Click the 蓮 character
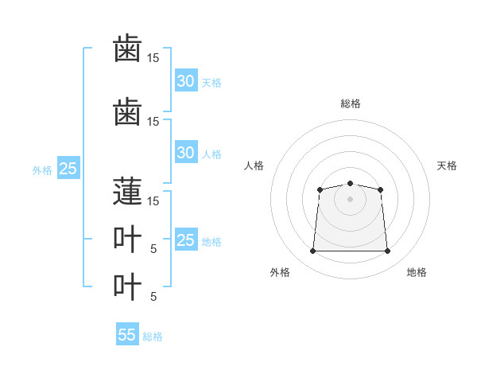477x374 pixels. [x=127, y=191]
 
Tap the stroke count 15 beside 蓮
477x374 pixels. [x=153, y=201]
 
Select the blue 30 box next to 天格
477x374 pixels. [x=185, y=81]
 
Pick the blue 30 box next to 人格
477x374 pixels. [x=185, y=153]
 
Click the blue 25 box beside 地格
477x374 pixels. [x=185, y=240]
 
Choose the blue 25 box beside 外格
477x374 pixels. [x=68, y=169]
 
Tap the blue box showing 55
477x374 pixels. [x=127, y=335]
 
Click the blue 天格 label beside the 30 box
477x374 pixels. [x=211, y=82]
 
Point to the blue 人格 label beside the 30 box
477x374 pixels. [x=211, y=154]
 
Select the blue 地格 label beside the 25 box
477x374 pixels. [x=211, y=241]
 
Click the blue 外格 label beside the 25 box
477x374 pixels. [x=42, y=169]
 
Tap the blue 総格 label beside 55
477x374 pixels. [x=153, y=336]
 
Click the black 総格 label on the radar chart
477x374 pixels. [x=350, y=103]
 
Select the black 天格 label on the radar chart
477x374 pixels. [x=447, y=166]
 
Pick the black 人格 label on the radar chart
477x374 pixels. [x=254, y=166]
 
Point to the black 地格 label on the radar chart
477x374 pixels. [x=417, y=272]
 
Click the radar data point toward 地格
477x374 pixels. [x=387, y=251]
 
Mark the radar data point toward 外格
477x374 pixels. [x=312, y=251]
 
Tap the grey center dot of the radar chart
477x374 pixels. [x=350, y=199]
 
